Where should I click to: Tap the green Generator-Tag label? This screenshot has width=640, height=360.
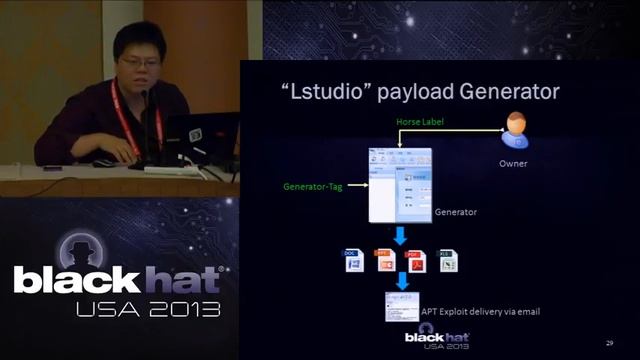[x=314, y=186]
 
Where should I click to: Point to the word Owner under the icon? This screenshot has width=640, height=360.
[x=514, y=163]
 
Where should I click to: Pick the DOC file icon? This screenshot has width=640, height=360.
[x=352, y=261]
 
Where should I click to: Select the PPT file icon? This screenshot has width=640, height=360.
[x=384, y=261]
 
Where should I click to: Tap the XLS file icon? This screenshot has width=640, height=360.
[x=448, y=261]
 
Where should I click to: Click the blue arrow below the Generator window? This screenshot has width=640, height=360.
[x=399, y=236]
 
